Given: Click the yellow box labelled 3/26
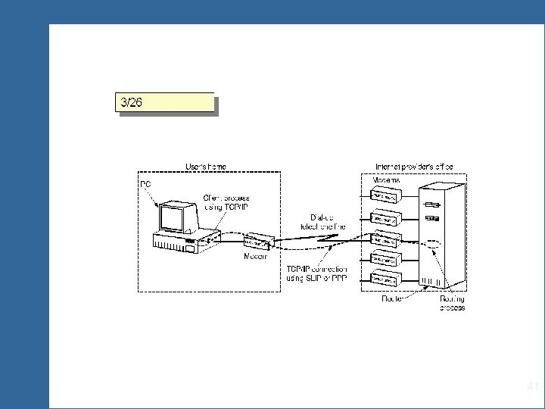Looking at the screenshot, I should (164, 102).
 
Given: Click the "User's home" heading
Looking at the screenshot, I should (205, 166).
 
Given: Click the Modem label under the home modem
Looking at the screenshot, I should (254, 258).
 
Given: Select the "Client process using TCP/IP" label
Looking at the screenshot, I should (226, 202).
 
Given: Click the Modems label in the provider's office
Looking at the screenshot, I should (388, 181).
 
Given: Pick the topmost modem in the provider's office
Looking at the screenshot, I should (386, 196).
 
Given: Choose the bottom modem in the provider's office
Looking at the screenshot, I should (386, 279).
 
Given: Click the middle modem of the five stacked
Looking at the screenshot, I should (386, 238).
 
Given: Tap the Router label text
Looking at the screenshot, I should (391, 298).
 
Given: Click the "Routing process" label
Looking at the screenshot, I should (452, 303).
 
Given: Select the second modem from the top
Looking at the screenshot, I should (386, 217).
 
